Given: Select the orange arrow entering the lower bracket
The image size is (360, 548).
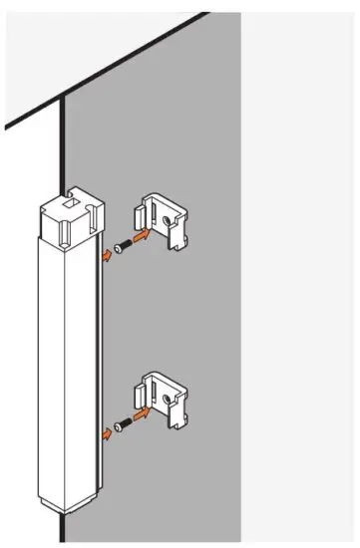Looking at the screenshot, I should tap(145, 412).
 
